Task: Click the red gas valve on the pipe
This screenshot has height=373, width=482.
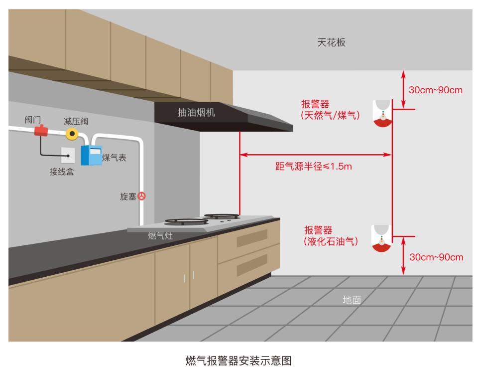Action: click(41, 131)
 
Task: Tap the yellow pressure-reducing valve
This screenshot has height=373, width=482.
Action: click(72, 134)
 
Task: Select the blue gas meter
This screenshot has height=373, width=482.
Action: click(91, 155)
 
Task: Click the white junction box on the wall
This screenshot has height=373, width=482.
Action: click(68, 155)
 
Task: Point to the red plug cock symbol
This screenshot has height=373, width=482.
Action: click(141, 196)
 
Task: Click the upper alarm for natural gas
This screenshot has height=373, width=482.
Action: click(382, 113)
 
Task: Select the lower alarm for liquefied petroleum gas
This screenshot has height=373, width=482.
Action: click(381, 238)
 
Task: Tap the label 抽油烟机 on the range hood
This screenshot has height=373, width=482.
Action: click(196, 113)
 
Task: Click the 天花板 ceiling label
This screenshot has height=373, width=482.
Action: click(331, 42)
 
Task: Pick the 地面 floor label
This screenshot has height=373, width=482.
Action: click(352, 300)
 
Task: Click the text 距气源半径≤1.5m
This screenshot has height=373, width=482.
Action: click(314, 167)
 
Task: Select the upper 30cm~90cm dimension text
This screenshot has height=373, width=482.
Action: click(436, 90)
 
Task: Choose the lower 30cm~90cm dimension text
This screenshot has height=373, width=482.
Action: click(436, 257)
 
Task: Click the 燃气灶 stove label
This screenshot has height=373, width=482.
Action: click(160, 236)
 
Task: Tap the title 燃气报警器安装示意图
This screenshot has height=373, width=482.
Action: click(239, 361)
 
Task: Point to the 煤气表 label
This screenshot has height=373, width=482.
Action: click(114, 158)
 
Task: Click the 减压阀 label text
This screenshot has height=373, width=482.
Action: click(76, 121)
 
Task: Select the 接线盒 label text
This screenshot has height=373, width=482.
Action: click(62, 172)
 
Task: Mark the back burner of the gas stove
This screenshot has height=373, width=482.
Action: click(222, 216)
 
